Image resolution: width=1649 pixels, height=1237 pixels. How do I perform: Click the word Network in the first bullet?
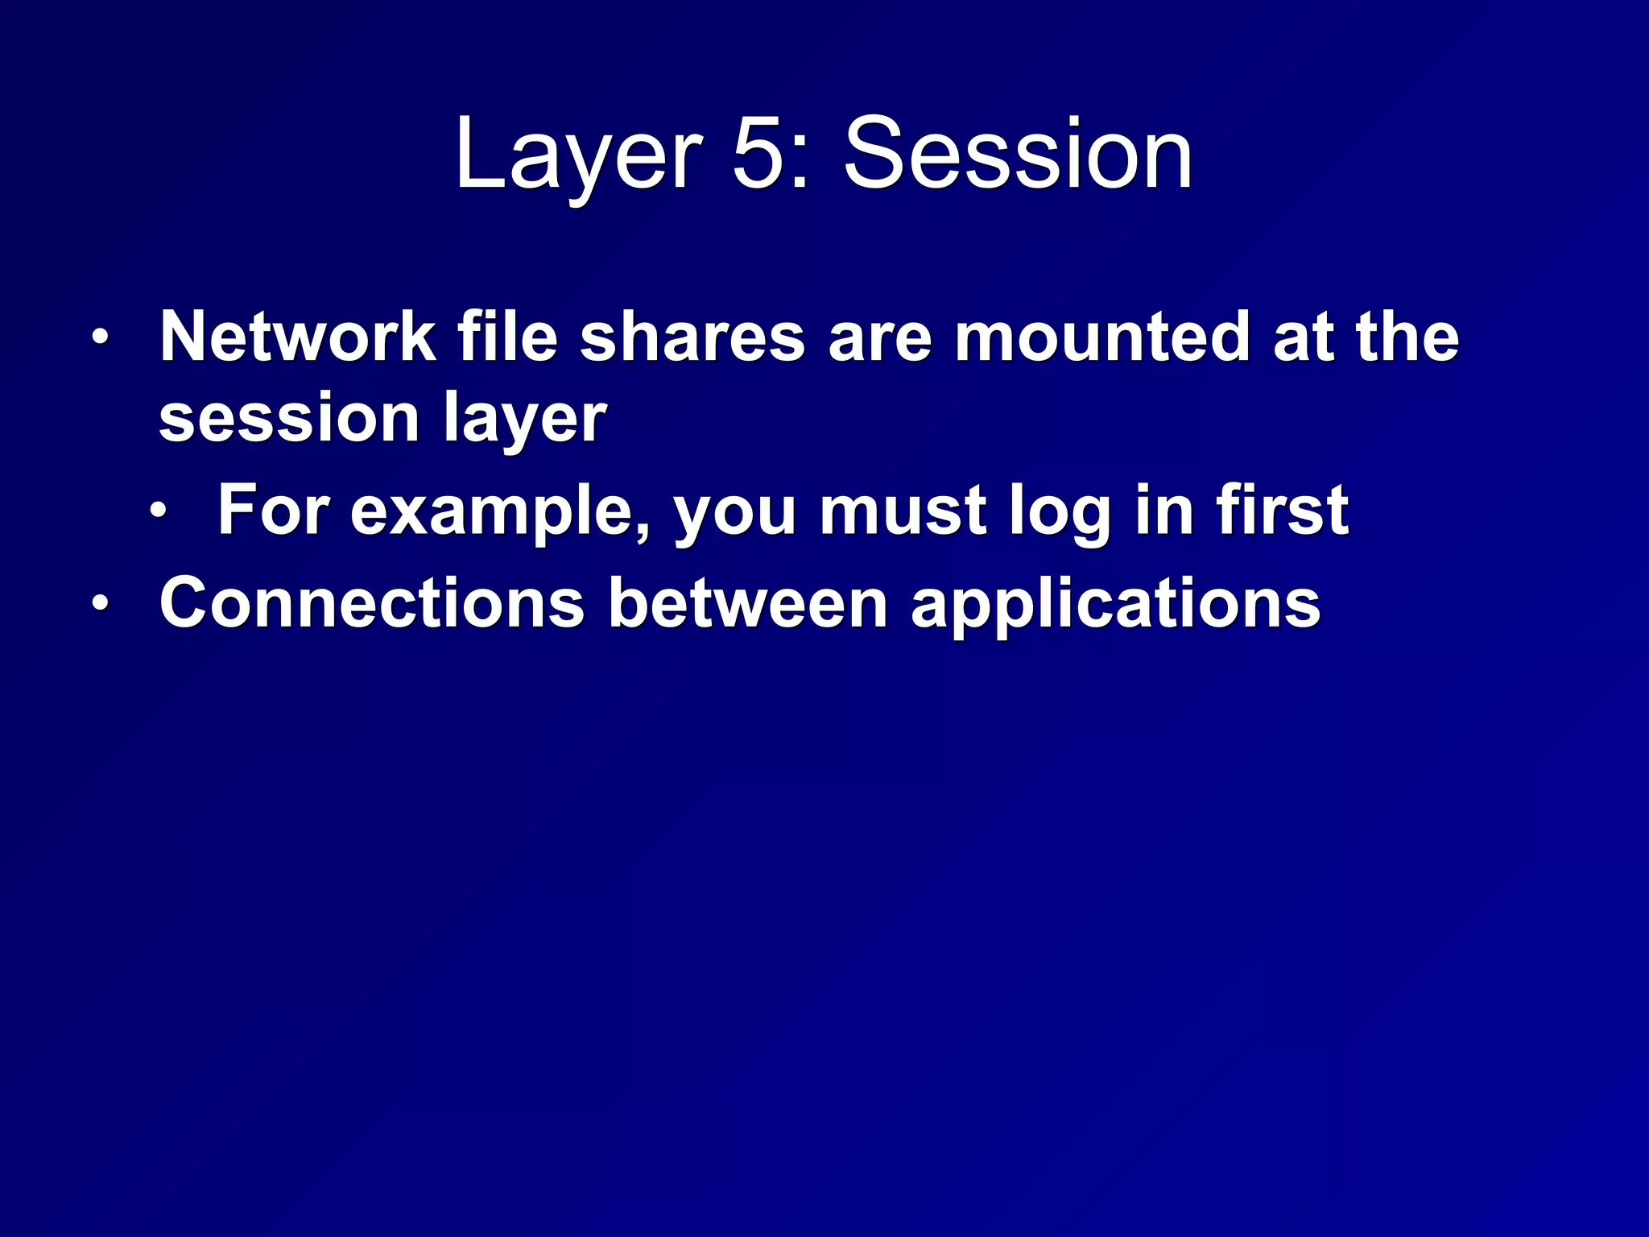(297, 337)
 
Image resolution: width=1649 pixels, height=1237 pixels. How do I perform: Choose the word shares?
(692, 337)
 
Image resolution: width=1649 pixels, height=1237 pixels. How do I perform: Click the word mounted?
(1102, 337)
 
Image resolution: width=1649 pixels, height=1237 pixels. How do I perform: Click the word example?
(500, 511)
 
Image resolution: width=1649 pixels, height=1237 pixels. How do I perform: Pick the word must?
(903, 511)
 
